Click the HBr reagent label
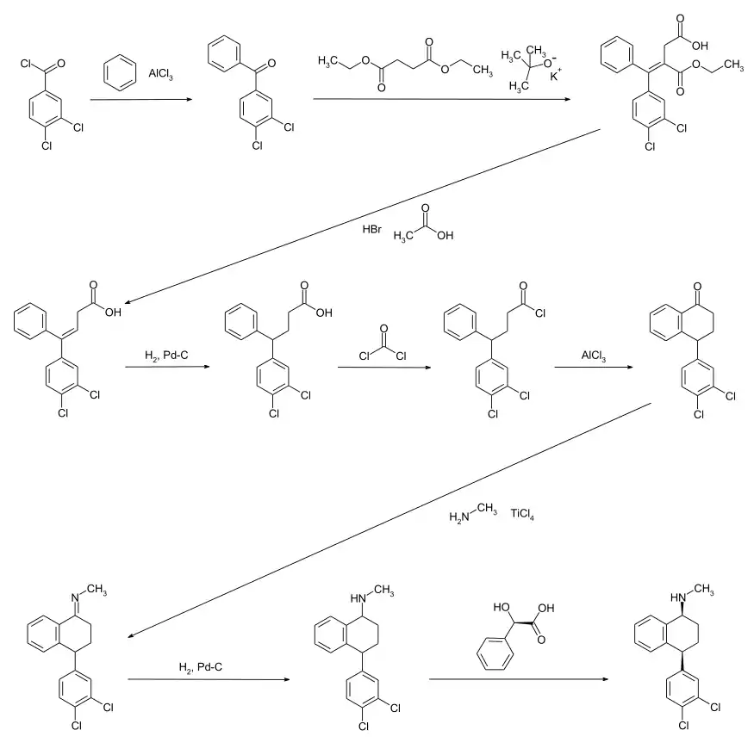point(371,229)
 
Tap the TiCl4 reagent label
point(522,514)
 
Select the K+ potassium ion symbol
point(556,75)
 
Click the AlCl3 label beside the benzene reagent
point(160,74)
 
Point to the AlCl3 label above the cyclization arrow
point(594,356)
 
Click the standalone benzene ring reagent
point(120,73)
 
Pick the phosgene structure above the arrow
point(383,343)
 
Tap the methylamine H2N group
point(458,517)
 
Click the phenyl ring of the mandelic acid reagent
point(495,653)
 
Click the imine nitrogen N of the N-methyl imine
point(75,598)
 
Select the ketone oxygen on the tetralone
point(697,287)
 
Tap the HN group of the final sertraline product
point(678,597)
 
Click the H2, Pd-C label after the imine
point(201,667)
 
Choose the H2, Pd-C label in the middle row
point(166,356)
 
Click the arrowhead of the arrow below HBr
point(128,302)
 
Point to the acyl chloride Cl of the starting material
point(26,64)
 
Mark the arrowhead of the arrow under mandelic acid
point(605,679)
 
